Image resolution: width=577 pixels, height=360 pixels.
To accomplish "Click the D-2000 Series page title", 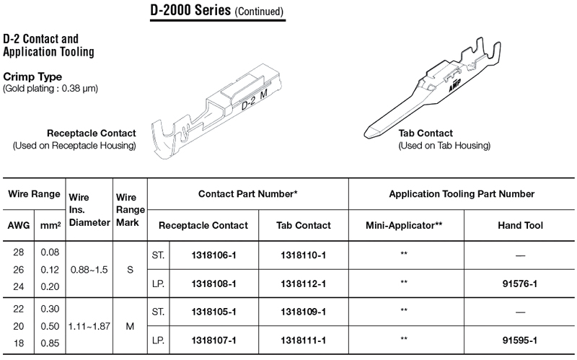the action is [217, 10].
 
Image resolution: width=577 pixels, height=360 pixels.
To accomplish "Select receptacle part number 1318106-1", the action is [213, 255].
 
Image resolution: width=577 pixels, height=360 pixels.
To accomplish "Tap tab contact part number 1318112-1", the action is [303, 284].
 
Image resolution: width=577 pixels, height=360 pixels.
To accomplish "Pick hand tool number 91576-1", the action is [520, 284].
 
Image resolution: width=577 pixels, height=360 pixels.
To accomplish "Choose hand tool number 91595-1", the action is [520, 341].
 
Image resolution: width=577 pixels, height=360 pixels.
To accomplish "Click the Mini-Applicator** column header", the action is [404, 225].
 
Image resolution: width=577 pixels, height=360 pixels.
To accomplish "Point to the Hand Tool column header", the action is [520, 225].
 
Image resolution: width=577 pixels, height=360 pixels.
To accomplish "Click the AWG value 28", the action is [19, 253].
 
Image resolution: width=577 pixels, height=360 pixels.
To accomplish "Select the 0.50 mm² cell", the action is [50, 327].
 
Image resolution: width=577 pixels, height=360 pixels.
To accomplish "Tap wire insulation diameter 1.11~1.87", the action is [89, 327].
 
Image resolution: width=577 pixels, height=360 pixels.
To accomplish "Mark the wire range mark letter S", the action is [130, 270].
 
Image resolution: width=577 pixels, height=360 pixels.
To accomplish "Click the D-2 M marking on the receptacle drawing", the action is [255, 100].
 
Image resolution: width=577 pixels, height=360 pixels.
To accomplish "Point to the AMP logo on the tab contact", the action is [454, 85].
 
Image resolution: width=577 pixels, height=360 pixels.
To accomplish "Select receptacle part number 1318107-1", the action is [213, 341].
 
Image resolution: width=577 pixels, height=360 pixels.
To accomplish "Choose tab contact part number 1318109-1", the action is [303, 312].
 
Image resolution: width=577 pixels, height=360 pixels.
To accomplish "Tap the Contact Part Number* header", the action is [247, 194].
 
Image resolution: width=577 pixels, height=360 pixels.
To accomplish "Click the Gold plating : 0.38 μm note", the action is [50, 89].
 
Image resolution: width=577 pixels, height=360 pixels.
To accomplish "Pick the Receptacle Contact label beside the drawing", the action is [92, 133].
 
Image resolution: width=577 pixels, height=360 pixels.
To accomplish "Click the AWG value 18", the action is [19, 343].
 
